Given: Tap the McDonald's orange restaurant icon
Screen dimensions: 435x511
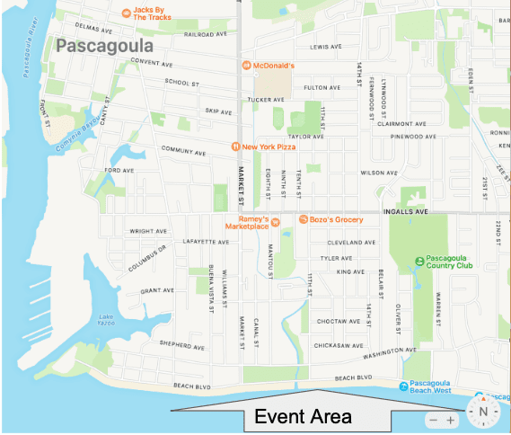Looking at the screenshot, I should [245, 67].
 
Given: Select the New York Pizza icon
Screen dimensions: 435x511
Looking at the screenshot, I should [234, 146].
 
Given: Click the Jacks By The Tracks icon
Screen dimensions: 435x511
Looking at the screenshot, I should [126, 13].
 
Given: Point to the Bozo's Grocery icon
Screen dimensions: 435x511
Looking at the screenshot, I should [304, 219].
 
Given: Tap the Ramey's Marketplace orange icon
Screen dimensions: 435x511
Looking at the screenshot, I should [277, 221].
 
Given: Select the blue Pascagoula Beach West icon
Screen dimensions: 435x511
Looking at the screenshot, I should [403, 386].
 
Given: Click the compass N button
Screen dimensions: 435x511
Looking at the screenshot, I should [482, 413].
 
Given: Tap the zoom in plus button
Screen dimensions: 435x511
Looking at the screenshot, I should [451, 420].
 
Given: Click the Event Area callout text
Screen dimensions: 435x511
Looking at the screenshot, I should [303, 417].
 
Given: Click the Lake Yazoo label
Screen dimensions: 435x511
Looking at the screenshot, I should [108, 319].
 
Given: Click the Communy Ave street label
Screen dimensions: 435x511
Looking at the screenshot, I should [185, 149].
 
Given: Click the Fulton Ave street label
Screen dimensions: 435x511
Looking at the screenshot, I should [322, 88].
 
